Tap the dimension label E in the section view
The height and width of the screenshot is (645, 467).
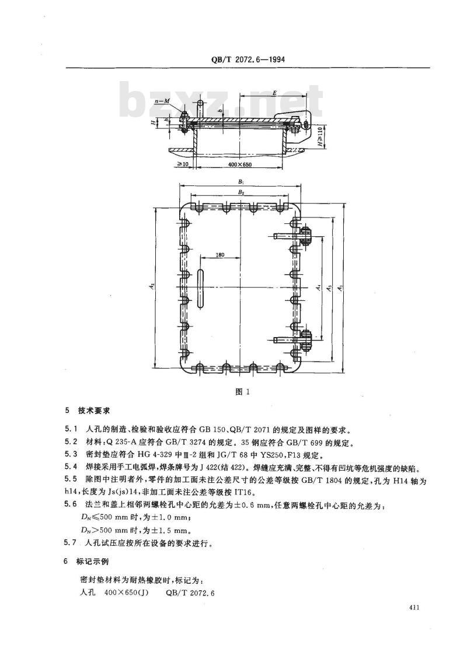point(274,94)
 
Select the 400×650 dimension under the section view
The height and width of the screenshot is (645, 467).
point(239,164)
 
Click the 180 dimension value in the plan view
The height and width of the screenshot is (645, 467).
point(220,255)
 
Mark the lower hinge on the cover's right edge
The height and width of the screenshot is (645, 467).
point(305,339)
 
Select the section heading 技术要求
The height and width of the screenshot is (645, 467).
point(94,411)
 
